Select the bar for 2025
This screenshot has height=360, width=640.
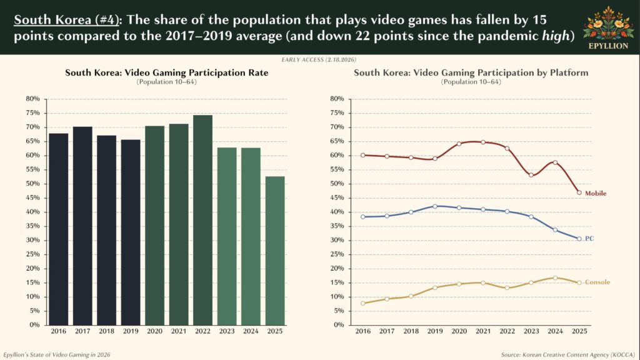(275, 250)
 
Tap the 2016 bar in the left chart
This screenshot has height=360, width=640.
(58, 229)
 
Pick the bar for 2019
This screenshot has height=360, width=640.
(131, 232)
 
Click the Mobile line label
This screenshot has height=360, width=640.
(595, 193)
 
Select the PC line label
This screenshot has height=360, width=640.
(589, 239)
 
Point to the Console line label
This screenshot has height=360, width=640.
(597, 282)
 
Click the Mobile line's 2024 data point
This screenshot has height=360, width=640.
(555, 162)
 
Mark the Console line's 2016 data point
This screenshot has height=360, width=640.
(362, 303)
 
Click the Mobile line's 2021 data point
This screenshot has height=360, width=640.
(482, 142)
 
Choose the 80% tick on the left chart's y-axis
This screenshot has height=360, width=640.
(33, 99)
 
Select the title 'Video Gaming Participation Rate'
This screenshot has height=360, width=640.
(167, 73)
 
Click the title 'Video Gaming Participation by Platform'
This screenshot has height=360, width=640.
(471, 73)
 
